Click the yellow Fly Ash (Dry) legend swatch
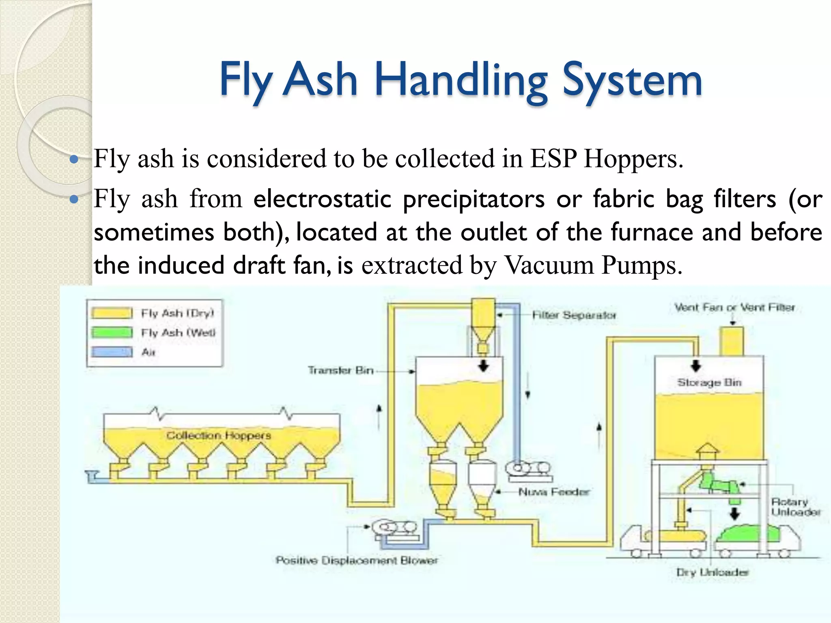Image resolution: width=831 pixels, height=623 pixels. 112,313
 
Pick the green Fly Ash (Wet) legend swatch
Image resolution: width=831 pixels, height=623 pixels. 112,333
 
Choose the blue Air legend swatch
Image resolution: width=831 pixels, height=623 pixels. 112,352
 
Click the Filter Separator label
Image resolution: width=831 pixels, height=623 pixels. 574,315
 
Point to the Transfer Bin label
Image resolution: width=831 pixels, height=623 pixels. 340,370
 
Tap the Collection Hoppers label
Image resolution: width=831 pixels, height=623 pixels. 219,436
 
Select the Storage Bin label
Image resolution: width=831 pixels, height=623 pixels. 709,382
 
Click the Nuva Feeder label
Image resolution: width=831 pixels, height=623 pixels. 553,492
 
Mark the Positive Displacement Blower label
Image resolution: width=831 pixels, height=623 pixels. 357,561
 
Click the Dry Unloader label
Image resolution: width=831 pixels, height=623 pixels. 712,572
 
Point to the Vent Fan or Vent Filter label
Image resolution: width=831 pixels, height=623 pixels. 734,307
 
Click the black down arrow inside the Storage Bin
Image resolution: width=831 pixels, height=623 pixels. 696,365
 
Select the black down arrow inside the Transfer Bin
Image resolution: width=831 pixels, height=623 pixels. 483,365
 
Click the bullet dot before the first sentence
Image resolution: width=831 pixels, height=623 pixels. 74,159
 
